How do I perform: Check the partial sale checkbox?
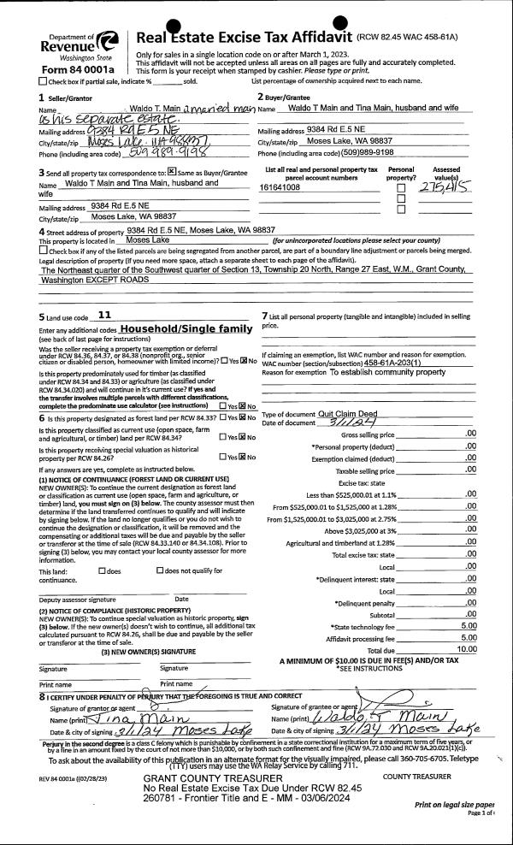44,81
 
